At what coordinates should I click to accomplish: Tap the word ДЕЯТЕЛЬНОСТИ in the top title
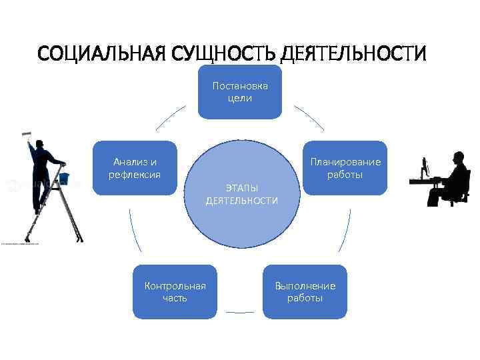[354, 53]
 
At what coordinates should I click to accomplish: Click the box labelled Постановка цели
[240, 92]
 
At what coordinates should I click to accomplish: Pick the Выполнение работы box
[305, 292]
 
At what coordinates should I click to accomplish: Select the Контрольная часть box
[175, 292]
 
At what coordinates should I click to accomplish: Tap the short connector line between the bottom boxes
[240, 312]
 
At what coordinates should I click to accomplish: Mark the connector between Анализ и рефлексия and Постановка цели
[171, 116]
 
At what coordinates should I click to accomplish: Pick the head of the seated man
[458, 158]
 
